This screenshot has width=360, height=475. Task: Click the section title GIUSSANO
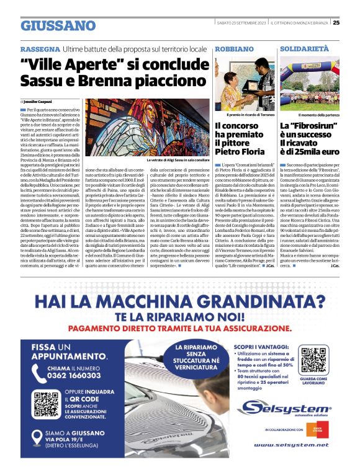58,25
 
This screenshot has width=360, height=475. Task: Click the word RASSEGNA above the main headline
40,48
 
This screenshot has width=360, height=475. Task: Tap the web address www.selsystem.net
290,445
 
